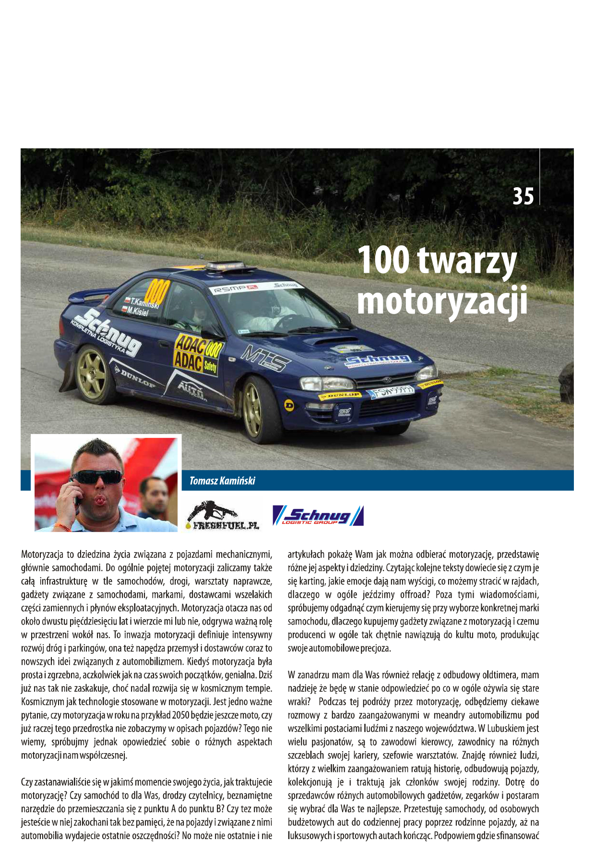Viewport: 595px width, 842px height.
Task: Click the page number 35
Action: (x=523, y=196)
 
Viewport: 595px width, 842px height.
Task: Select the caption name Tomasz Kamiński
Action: (x=222, y=481)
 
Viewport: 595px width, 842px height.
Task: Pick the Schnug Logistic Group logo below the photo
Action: (x=318, y=516)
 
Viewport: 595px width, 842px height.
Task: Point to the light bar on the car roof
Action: (x=225, y=265)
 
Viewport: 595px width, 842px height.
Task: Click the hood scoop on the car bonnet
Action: (x=328, y=341)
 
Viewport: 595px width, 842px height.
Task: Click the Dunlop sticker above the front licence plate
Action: (x=340, y=395)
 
